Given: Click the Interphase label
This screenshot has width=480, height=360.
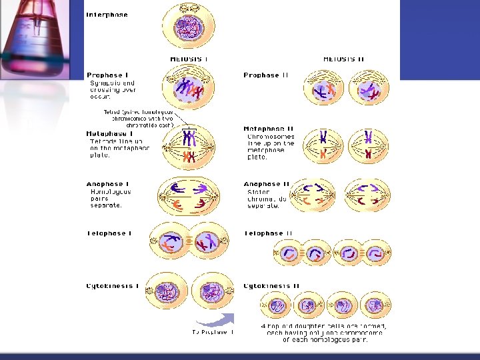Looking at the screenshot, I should pos(107,15).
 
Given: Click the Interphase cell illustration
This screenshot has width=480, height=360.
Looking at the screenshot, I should pos(189,26).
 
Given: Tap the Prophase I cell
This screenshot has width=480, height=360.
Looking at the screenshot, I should pos(189,89).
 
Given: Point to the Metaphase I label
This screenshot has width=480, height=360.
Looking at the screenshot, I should pos(109,133).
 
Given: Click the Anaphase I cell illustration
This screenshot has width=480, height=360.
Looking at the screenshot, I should pos(189,195).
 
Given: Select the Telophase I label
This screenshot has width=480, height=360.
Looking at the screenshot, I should pos(109,233).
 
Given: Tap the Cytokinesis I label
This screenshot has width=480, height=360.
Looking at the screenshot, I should pos(113,286).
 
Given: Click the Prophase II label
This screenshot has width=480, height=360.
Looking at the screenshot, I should pos(266,75).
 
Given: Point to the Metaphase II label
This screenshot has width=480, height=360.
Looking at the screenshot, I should pos(269,129).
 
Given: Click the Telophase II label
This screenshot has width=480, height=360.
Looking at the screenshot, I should pos(268,233).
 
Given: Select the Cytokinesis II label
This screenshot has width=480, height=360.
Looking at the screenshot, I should pos(271,286).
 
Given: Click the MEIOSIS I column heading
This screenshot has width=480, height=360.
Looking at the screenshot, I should pos(189,59).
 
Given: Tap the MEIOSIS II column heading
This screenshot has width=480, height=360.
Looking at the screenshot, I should pos(344,59).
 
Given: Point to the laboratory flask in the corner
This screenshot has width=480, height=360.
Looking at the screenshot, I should pos(37,40).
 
